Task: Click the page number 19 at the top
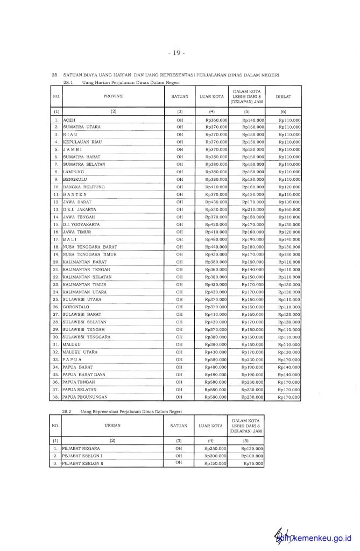coord(177,53)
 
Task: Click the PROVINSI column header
coord(114,96)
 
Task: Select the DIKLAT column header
coord(283,96)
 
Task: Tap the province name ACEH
coord(69,119)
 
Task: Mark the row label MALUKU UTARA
coord(80,351)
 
